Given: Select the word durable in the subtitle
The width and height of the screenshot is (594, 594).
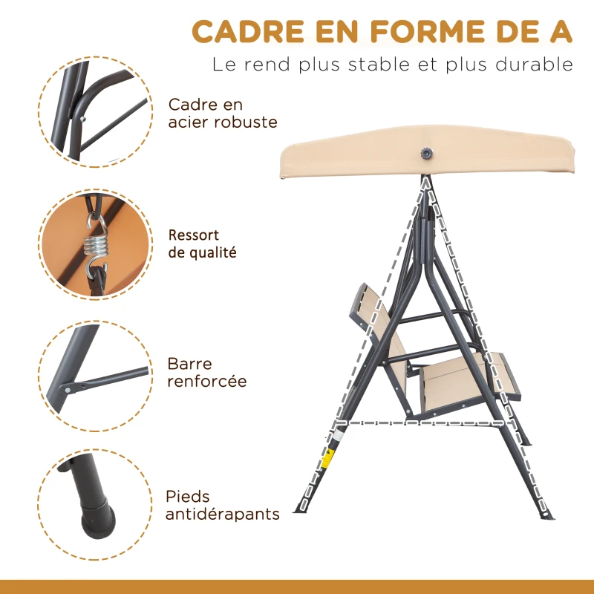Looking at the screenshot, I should click(534, 65).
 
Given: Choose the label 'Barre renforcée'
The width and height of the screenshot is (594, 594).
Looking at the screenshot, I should click(207, 373).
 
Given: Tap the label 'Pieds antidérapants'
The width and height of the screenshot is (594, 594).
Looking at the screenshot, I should click(223, 505).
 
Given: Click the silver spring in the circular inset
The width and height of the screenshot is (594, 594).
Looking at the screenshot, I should click(97, 245).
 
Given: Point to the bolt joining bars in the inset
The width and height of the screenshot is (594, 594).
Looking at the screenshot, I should click(69, 388).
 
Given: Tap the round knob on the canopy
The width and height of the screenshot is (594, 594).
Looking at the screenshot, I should click(427, 153).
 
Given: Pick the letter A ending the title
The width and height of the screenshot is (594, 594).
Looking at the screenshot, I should click(561, 32).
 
